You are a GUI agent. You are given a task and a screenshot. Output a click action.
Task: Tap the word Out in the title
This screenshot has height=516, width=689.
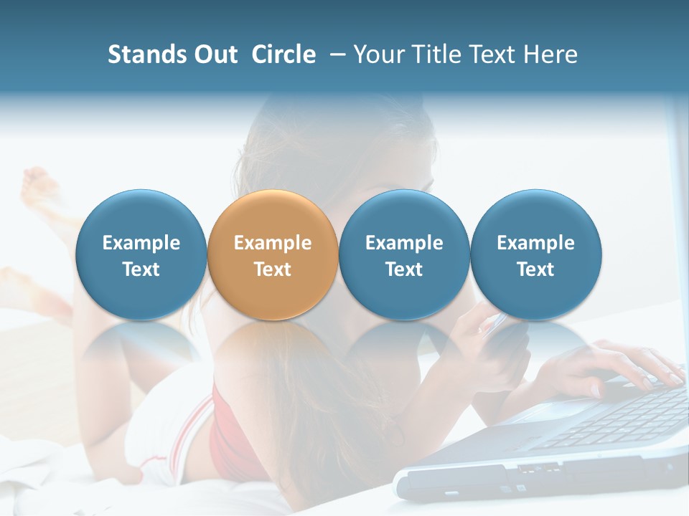click(x=213, y=54)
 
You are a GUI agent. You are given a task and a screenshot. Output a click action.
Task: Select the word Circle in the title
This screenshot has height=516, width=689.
click(x=283, y=54)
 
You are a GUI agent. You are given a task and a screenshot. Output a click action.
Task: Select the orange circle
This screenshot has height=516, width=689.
click(x=273, y=254)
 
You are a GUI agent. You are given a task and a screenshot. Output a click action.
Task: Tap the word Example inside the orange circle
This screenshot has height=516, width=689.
click(x=273, y=243)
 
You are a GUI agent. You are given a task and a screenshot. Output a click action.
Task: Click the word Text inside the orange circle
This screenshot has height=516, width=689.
click(x=273, y=269)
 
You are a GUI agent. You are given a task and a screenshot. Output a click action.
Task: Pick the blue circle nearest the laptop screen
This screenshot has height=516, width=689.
click(x=536, y=254)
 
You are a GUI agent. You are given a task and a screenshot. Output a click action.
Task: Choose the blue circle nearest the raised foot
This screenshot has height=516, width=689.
click(x=141, y=254)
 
